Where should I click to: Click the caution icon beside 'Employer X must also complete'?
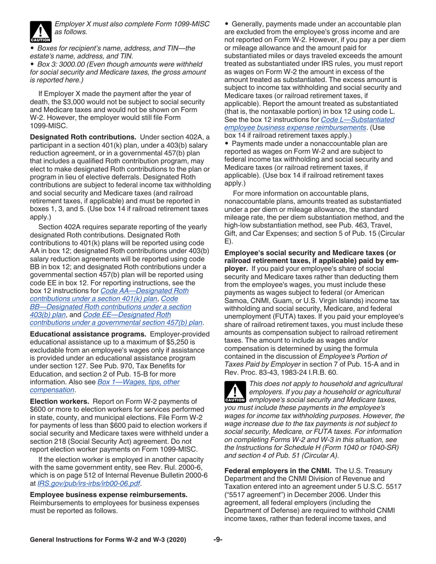pyautogui.click(x=38, y=30)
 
